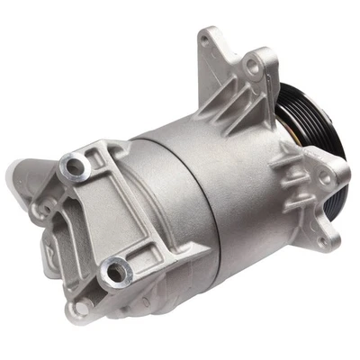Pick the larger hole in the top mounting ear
point(258,66)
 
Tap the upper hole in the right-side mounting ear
point(330,168)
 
